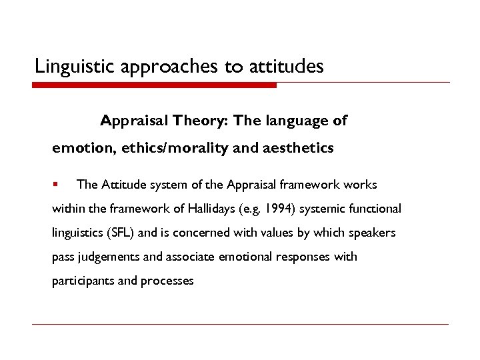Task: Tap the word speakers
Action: point(373,233)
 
